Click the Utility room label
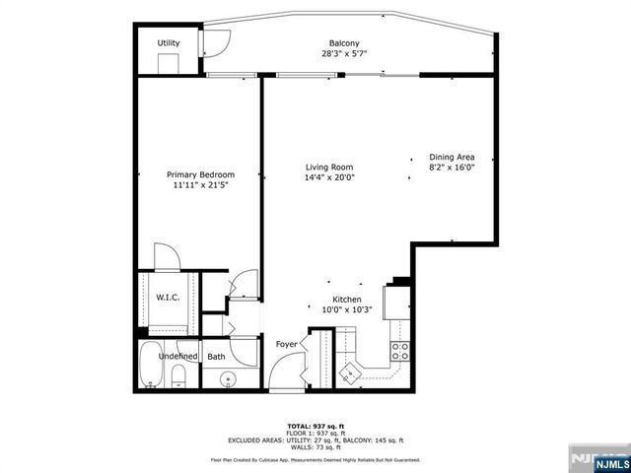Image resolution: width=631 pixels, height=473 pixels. point(169,43)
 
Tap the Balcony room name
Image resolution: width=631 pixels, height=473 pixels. point(343,43)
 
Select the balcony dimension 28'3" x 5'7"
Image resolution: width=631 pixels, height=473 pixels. point(343,54)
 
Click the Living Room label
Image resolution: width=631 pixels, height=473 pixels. point(328,167)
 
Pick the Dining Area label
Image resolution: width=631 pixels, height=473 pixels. point(452,157)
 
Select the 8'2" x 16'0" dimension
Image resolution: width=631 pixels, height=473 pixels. point(452,168)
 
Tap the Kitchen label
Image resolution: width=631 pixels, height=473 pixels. point(346,299)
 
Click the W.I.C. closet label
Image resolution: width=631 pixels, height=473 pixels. point(166,297)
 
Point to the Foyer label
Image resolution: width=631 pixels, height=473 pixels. point(286,343)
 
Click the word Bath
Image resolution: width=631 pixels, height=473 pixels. point(216,356)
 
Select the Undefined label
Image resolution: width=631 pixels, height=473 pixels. point(178,356)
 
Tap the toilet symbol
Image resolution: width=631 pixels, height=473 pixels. point(179,375)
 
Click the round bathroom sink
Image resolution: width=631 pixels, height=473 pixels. point(229,378)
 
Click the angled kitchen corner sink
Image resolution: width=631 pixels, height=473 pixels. point(351,372)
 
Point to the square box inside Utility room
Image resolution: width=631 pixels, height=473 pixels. point(169,63)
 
